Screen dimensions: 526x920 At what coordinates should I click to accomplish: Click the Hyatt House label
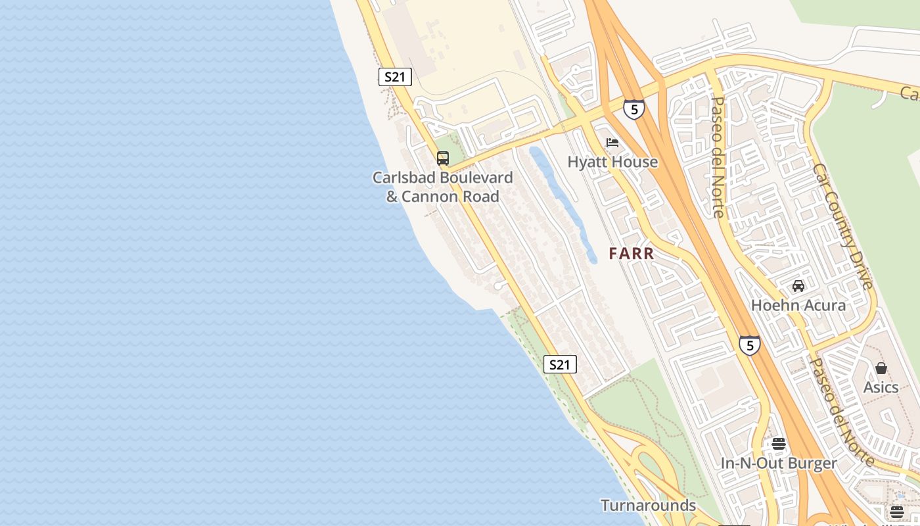point(612,162)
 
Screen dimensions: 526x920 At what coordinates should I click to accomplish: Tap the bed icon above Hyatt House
point(612,142)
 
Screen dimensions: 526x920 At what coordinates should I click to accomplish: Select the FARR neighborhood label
point(631,253)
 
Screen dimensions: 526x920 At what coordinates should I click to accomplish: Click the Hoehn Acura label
point(798,305)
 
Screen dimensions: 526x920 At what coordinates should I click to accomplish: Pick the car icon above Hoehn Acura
point(798,286)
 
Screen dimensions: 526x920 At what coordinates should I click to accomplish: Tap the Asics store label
point(881,387)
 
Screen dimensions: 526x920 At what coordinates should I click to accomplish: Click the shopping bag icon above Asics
point(881,368)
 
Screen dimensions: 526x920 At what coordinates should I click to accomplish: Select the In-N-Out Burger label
point(779,463)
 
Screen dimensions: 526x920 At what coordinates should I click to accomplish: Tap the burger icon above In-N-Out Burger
point(779,444)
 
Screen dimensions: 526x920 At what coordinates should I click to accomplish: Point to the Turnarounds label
point(648,505)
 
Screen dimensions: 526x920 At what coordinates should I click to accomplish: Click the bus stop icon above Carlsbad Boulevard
point(443,158)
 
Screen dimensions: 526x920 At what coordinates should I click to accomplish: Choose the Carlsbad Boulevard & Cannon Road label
point(442,187)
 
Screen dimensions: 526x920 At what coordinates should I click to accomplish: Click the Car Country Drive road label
point(843,226)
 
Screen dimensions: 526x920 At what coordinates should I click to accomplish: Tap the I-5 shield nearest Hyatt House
point(633,109)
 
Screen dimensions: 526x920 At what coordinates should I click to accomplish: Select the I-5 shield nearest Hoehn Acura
point(749,345)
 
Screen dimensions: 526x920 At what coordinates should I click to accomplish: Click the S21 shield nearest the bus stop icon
point(395,77)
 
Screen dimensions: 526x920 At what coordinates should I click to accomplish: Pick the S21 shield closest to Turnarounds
point(560,364)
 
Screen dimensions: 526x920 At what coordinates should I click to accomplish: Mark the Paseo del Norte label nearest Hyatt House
point(718,158)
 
